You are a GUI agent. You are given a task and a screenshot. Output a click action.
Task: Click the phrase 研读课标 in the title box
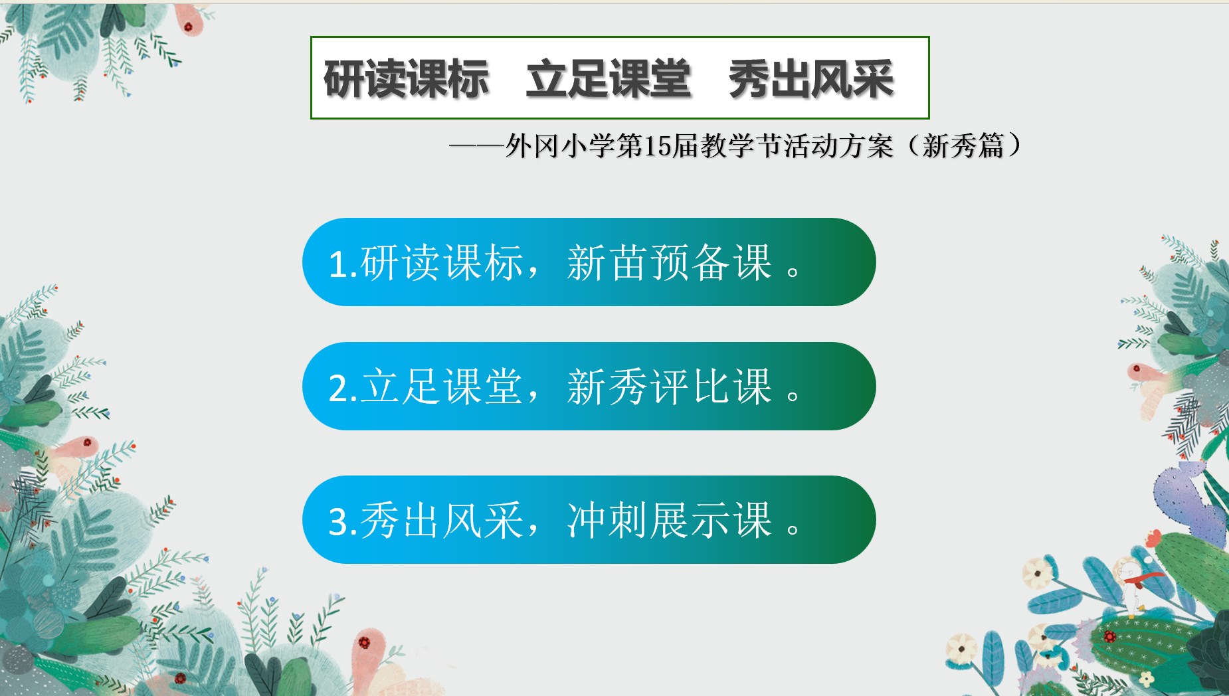(407, 79)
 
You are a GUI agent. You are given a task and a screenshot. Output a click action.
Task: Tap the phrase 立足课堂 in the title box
(609, 79)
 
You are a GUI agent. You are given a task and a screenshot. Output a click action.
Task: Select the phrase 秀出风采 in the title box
(811, 79)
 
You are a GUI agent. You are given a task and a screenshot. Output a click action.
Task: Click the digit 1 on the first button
(337, 264)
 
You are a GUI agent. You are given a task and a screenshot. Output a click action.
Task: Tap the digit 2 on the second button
(338, 388)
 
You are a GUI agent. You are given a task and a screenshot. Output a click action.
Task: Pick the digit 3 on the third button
(338, 521)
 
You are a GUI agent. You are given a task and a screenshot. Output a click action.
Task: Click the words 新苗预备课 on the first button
(670, 262)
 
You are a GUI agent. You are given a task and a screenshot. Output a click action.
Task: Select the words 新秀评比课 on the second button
(670, 387)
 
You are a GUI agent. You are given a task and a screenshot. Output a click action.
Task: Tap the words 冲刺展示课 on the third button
(670, 519)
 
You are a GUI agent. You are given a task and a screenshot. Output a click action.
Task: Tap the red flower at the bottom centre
(365, 642)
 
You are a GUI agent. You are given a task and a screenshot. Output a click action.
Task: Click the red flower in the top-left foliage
(189, 27)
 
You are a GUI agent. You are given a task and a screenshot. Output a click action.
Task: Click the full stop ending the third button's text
(793, 529)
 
